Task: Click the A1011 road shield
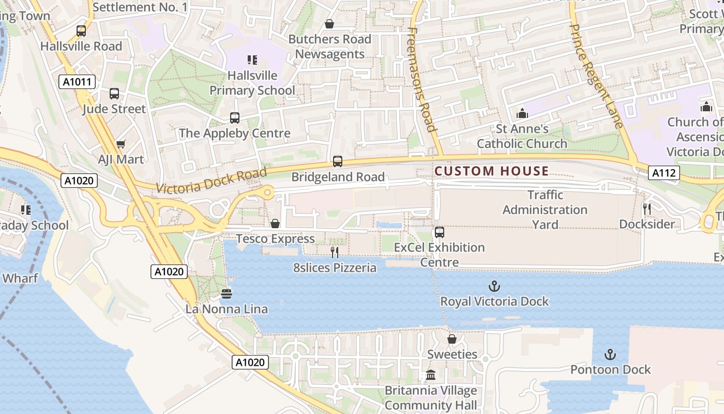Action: tap(78, 82)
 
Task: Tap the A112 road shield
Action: tap(663, 173)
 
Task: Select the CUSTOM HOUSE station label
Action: tap(491, 171)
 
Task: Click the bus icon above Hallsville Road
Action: tap(81, 31)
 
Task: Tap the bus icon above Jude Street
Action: tap(114, 94)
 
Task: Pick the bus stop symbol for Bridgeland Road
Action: tap(338, 161)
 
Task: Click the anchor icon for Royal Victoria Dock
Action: tap(494, 286)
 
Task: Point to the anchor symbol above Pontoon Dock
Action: tap(611, 354)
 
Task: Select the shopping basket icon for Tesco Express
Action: tap(275, 224)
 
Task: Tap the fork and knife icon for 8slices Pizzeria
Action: tap(335, 253)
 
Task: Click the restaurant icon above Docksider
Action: tap(647, 209)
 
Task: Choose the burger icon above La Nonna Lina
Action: tap(227, 294)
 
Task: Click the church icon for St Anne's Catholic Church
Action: tap(522, 113)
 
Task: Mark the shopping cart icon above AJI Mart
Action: tap(121, 144)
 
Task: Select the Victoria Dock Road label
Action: tap(211, 181)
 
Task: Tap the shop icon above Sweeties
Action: tap(452, 339)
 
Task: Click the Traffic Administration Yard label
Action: tap(545, 210)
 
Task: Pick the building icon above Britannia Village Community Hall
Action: tap(431, 375)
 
